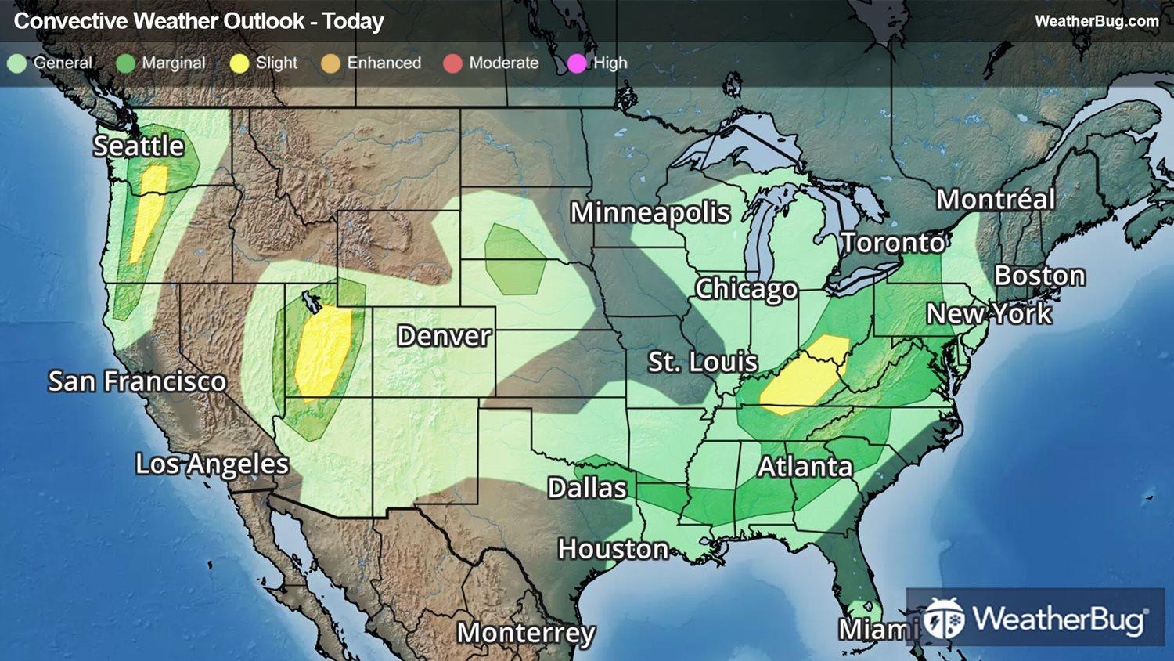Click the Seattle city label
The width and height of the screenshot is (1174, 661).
[139, 146]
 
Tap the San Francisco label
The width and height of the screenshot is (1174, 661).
[137, 381]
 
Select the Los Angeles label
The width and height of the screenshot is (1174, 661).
[212, 464]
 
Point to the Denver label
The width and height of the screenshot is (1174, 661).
[444, 336]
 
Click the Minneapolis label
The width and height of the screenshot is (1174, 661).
[650, 212]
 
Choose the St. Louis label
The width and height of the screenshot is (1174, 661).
[702, 362]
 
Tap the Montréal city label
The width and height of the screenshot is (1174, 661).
[996, 199]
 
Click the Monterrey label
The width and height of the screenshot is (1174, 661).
[526, 632]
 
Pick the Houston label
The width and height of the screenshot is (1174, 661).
[613, 549]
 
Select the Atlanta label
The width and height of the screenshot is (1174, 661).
[805, 467]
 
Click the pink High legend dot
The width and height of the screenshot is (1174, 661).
[577, 63]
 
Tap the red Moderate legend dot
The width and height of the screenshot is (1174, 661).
[452, 63]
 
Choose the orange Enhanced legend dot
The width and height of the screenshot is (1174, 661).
[330, 63]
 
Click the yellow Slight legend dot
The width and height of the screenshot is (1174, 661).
[239, 63]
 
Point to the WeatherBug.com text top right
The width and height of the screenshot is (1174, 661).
[1097, 21]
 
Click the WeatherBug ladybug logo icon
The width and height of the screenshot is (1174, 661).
[943, 619]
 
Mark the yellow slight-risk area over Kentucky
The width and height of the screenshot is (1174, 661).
[806, 376]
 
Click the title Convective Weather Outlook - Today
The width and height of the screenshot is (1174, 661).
[199, 21]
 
